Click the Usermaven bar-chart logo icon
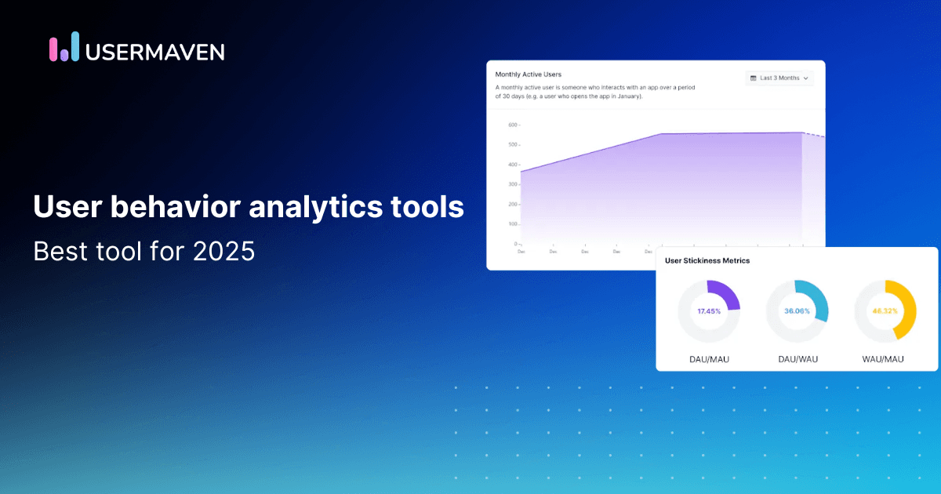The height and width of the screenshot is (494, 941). pos(64,47)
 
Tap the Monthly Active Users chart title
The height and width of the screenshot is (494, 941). pos(528,74)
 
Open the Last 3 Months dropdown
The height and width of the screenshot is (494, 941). pos(779,78)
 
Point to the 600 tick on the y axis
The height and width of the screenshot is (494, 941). pos(511,125)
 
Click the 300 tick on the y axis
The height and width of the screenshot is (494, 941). pos(511,184)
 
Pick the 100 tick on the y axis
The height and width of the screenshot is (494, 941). pos(511,224)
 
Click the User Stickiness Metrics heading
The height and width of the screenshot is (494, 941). pos(707,260)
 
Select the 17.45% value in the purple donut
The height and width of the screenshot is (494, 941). pos(709,311)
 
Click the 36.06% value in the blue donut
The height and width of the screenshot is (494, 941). pos(797,311)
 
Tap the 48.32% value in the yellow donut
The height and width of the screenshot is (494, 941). pos(885,311)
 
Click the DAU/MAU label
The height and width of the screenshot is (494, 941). pos(709,359)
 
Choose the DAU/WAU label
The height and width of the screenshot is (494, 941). pos(797,359)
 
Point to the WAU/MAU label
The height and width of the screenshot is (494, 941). pos(885,359)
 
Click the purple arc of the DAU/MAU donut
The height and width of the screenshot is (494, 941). pos(729,293)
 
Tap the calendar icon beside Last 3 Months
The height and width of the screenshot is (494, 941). pos(754,78)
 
